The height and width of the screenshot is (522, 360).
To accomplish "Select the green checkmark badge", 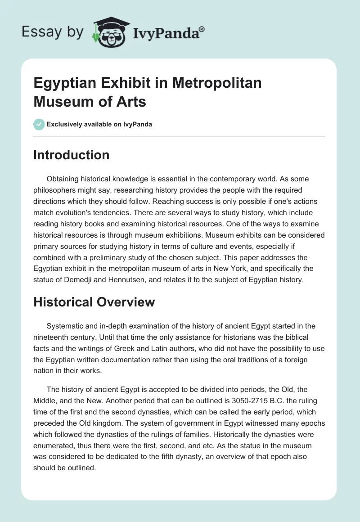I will [x=39, y=125].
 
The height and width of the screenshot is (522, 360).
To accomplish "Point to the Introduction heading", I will [x=72, y=155].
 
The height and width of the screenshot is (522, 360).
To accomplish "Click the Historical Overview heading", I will [x=94, y=302].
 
